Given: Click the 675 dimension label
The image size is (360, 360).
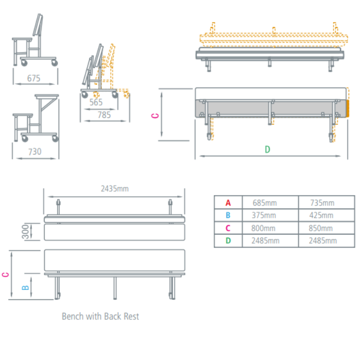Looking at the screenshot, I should (34, 79).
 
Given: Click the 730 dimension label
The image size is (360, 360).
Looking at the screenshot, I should (35, 151).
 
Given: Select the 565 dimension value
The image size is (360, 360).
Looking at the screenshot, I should (96, 102).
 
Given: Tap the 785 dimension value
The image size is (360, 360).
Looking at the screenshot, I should (104, 115).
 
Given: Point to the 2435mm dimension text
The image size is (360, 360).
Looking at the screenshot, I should (114, 188).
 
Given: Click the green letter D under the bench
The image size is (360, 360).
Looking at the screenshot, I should (267, 149).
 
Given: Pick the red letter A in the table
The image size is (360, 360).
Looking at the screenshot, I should (228, 203).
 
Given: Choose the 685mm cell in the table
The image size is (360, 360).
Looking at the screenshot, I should (264, 203).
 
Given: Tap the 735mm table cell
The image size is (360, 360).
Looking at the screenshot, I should (322, 203).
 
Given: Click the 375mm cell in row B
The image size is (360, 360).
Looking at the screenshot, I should (264, 215).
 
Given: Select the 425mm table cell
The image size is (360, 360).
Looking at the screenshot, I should (322, 215).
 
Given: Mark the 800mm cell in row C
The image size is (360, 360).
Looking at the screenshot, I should (264, 228).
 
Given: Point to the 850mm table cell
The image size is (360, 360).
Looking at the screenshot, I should (322, 228).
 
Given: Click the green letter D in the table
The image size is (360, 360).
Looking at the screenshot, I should (228, 241).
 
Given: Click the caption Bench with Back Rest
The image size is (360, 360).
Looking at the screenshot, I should (100, 316).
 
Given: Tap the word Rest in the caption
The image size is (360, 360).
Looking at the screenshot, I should (131, 316).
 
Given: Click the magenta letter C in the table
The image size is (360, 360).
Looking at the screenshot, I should (228, 228).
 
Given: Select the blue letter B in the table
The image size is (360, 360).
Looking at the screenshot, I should (228, 215).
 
